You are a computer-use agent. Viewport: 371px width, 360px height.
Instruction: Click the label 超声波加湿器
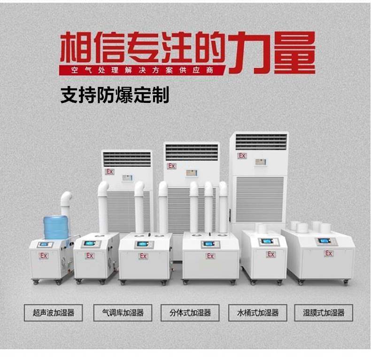pos(54,313)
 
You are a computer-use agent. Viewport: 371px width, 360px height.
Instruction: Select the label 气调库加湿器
pos(123,313)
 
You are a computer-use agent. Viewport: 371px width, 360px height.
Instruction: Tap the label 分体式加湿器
pos(190,313)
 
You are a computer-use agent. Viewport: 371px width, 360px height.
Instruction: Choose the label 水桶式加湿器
pos(258,313)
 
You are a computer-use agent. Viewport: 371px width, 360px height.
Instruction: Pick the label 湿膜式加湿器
pos(324,313)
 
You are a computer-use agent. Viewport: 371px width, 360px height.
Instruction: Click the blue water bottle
pos(56,228)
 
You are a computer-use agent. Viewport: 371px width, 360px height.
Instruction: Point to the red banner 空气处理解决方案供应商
pos(142,70)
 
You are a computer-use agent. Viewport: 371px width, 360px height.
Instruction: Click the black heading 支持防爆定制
pos(115,95)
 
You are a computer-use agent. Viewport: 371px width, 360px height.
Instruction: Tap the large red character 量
pos(294,53)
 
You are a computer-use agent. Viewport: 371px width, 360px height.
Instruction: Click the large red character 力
pos(250,53)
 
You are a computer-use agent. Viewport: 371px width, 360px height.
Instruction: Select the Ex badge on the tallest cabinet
pos(242,156)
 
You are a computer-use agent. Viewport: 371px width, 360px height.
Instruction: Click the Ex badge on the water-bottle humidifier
pos(44,256)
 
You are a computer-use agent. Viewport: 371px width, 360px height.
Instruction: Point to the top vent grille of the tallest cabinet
pos(261,142)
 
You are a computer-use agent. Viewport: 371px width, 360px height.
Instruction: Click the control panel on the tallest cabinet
pos(260,162)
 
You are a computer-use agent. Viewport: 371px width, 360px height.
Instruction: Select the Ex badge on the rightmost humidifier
pos(329,253)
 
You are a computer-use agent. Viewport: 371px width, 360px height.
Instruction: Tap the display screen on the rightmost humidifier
pos(323,241)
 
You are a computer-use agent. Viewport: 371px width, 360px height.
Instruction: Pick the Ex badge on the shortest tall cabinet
pos(109,172)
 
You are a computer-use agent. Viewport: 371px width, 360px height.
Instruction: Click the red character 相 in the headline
pos(75,47)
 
